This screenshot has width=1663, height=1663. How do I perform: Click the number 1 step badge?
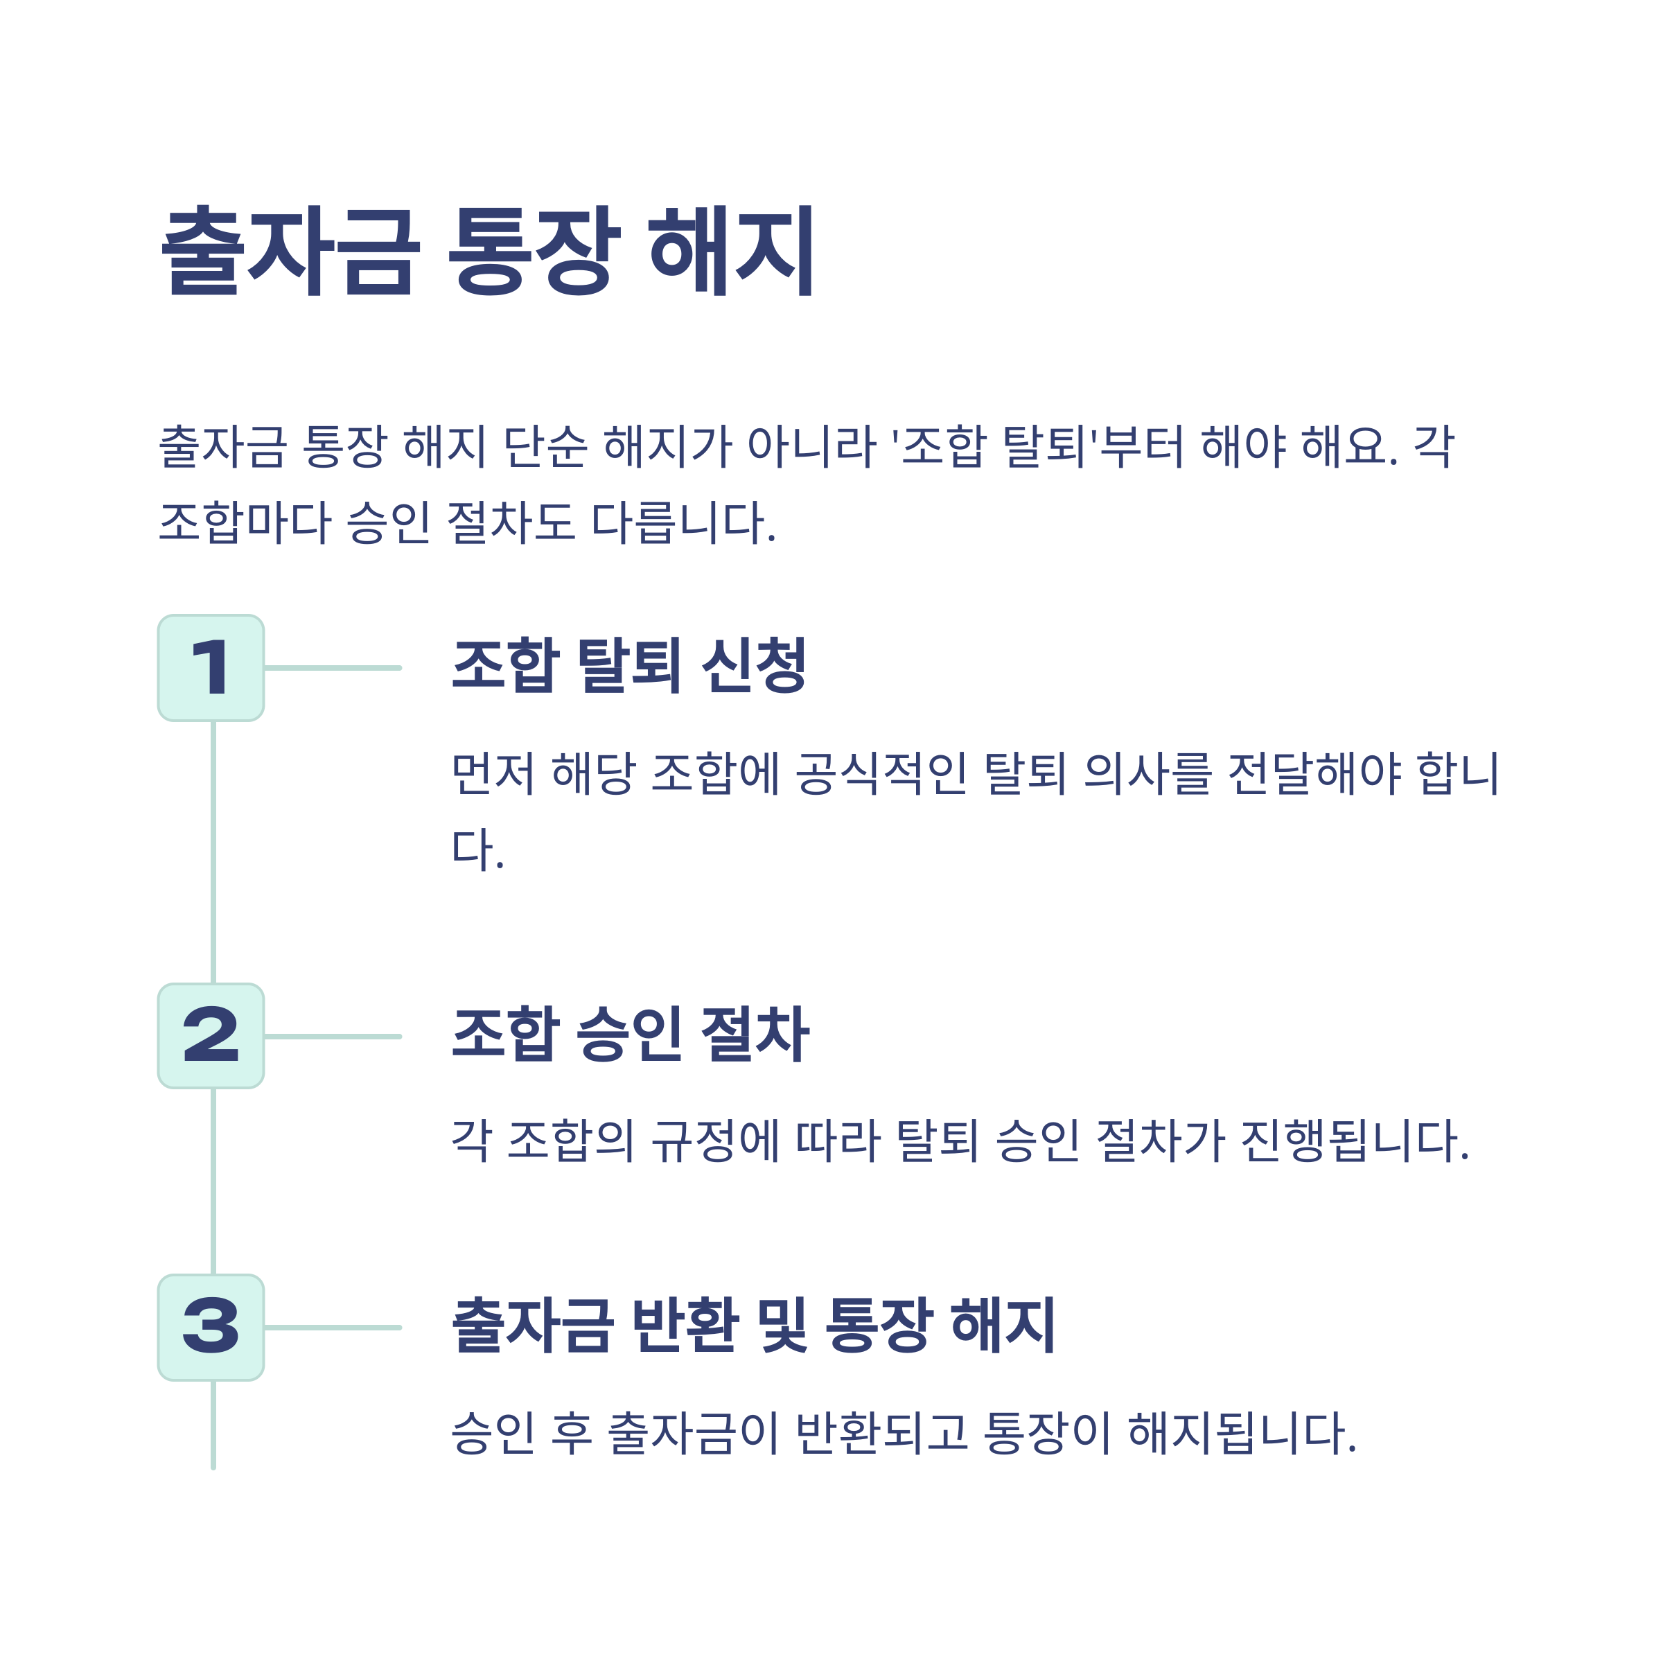[211, 668]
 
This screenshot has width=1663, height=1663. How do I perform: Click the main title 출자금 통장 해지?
[487, 252]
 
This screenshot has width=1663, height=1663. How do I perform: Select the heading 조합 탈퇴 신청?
[629, 665]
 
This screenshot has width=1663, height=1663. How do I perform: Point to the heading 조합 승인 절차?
[630, 1034]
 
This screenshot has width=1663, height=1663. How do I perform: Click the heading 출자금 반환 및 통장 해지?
[753, 1325]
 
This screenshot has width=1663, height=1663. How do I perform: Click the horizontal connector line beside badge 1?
[333, 668]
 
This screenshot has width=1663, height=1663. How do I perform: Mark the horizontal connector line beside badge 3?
[333, 1328]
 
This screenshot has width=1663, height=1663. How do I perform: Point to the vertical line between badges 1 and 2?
[213, 852]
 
